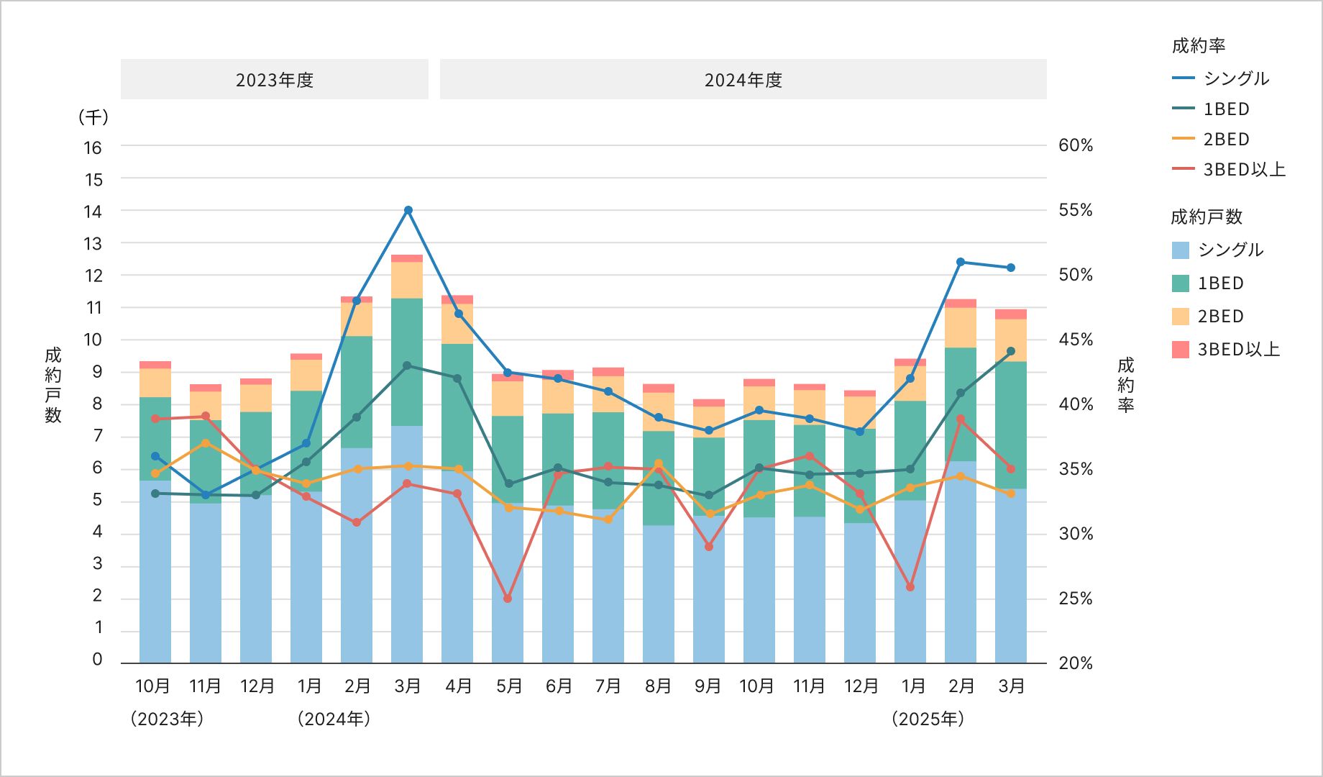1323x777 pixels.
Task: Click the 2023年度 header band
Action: pyautogui.click(x=274, y=79)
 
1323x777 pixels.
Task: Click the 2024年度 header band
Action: pyautogui.click(x=743, y=79)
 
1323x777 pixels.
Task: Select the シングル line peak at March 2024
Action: pyautogui.click(x=408, y=210)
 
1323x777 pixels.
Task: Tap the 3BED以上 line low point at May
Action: pyautogui.click(x=508, y=599)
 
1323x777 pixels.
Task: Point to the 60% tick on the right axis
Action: pyautogui.click(x=1075, y=145)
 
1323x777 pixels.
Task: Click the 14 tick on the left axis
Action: pyautogui.click(x=93, y=212)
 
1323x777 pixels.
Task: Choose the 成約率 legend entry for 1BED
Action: pyautogui.click(x=1226, y=109)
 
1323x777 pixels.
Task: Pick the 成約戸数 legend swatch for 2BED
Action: pyautogui.click(x=1180, y=317)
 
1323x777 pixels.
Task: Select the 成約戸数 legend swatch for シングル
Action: pyautogui.click(x=1180, y=250)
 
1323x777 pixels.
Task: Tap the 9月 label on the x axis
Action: pyautogui.click(x=708, y=686)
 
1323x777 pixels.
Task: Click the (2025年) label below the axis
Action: pyautogui.click(x=927, y=719)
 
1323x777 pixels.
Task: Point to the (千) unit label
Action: pyautogui.click(x=93, y=117)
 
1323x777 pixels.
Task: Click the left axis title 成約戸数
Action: pyautogui.click(x=53, y=385)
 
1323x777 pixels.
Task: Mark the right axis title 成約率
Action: pyautogui.click(x=1125, y=385)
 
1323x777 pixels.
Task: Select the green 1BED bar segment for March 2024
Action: pyautogui.click(x=407, y=362)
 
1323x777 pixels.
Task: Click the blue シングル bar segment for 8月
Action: pyautogui.click(x=659, y=594)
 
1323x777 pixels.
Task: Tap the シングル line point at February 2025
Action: pyautogui.click(x=961, y=262)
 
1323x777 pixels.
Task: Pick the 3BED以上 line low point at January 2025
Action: pyautogui.click(x=910, y=587)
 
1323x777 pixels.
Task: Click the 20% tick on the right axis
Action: pyautogui.click(x=1075, y=663)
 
